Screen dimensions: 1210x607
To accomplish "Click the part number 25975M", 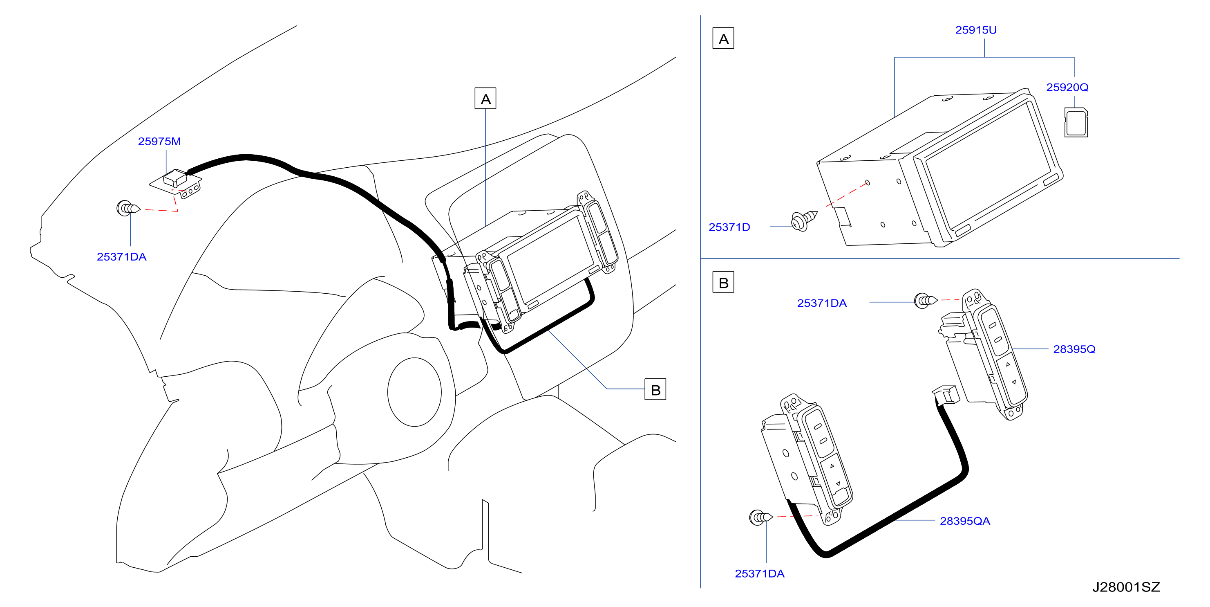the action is [x=159, y=141].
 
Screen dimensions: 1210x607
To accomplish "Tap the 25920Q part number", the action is [x=1067, y=87].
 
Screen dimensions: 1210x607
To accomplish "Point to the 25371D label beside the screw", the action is [x=729, y=227].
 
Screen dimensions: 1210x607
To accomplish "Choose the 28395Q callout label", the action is [x=1074, y=349].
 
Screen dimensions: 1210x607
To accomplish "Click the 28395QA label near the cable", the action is [x=965, y=521].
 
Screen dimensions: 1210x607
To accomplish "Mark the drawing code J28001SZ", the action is [x=1126, y=587].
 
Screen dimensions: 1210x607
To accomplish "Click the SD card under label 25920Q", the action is [x=1076, y=122].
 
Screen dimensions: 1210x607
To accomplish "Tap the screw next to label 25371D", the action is [x=804, y=220].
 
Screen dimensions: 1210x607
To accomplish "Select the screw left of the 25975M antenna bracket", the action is [x=128, y=208].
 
